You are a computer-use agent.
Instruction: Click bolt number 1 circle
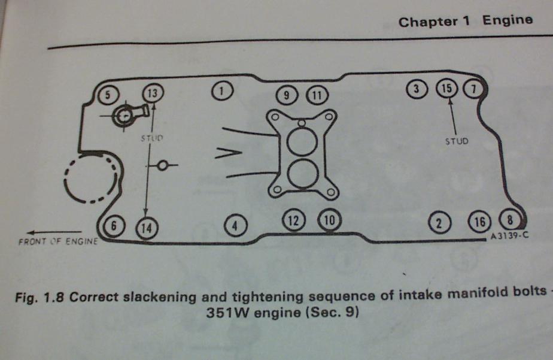pyautogui.click(x=222, y=91)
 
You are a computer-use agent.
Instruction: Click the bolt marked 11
pyautogui.click(x=317, y=95)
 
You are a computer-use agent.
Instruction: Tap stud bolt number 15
pyautogui.click(x=445, y=89)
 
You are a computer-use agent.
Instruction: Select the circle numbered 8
pyautogui.click(x=509, y=219)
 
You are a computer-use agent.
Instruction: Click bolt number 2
pyautogui.click(x=439, y=223)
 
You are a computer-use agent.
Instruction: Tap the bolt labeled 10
pyautogui.click(x=329, y=220)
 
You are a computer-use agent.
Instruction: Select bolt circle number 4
pyautogui.click(x=235, y=225)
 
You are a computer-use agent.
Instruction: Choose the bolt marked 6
pyautogui.click(x=114, y=226)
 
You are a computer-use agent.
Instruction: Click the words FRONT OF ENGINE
pyautogui.click(x=59, y=243)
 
